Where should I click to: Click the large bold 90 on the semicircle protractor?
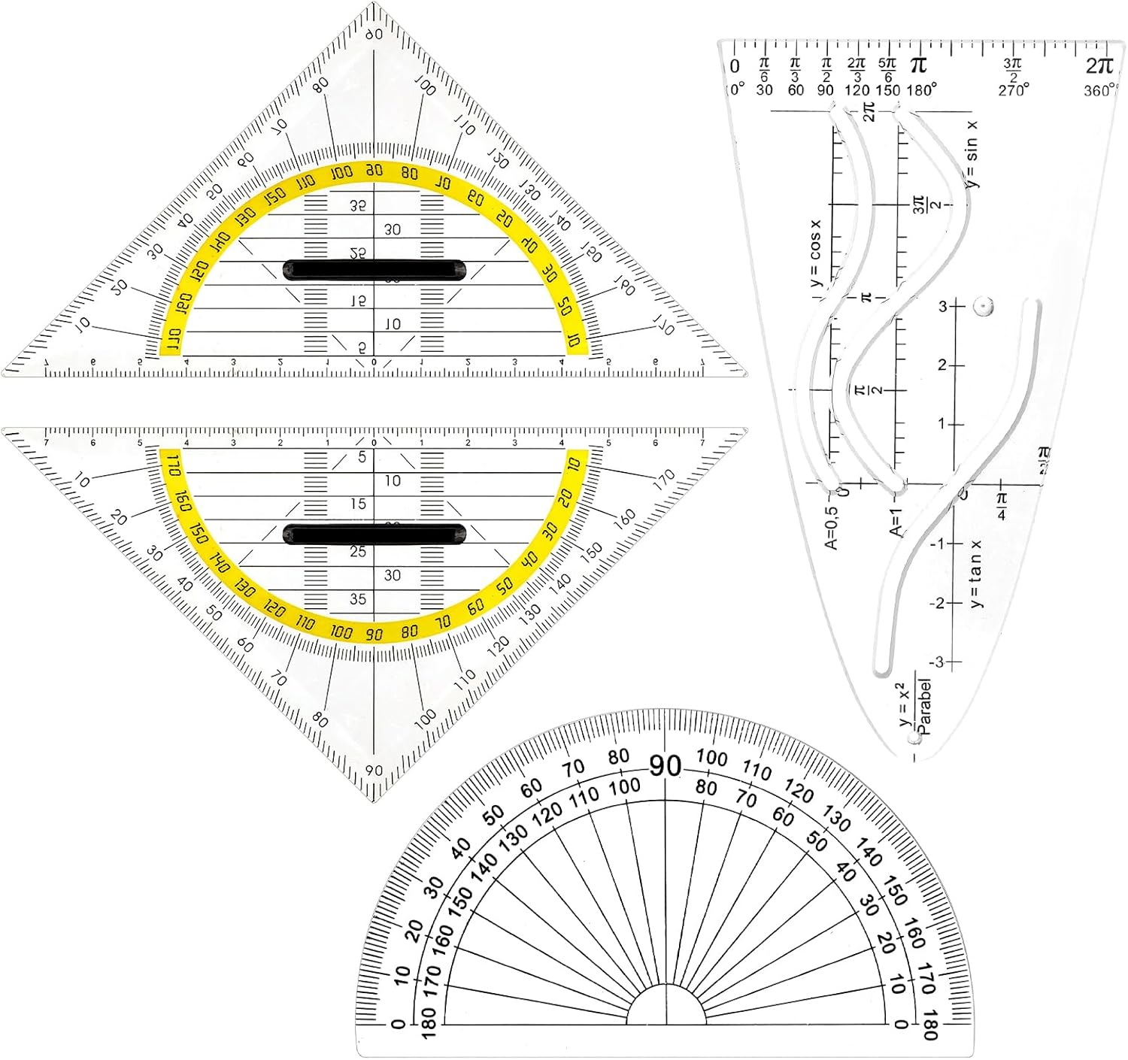666,766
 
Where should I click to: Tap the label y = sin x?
972,154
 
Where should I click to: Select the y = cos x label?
816,252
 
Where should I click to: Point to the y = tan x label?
976,574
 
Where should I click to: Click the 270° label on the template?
1014,91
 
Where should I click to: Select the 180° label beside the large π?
922,90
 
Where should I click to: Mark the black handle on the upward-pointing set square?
374,270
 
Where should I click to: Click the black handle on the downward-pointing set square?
374,535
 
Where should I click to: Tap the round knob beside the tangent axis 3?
982,306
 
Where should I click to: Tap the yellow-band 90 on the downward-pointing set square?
374,634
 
